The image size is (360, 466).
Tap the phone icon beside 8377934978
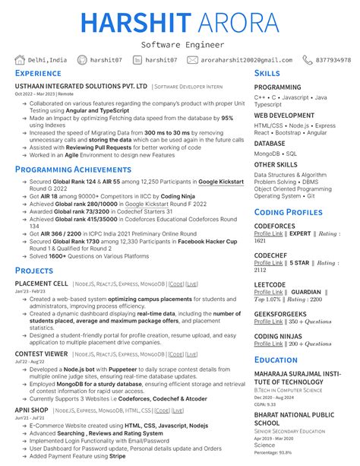pyautogui.click(x=307, y=60)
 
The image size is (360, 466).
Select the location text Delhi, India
pyautogui.click(x=47, y=60)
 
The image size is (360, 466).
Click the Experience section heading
pyautogui.click(x=38, y=74)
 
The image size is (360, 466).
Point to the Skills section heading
pyautogui.click(x=267, y=73)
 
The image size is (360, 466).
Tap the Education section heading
pyautogui.click(x=276, y=360)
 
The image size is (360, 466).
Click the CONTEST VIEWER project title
pyautogui.click(x=43, y=354)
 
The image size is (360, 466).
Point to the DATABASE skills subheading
pyautogui.click(x=270, y=143)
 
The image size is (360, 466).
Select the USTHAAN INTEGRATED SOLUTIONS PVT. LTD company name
pyautogui.click(x=81, y=87)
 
